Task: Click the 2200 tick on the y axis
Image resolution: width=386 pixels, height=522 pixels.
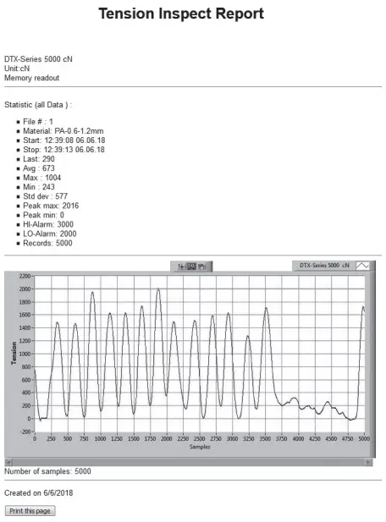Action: click(x=24, y=276)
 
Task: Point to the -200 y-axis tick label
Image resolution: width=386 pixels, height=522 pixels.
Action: click(x=25, y=431)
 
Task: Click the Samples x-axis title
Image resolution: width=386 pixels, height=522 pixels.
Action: click(x=199, y=447)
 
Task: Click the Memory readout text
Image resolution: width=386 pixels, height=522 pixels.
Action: click(x=31, y=78)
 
